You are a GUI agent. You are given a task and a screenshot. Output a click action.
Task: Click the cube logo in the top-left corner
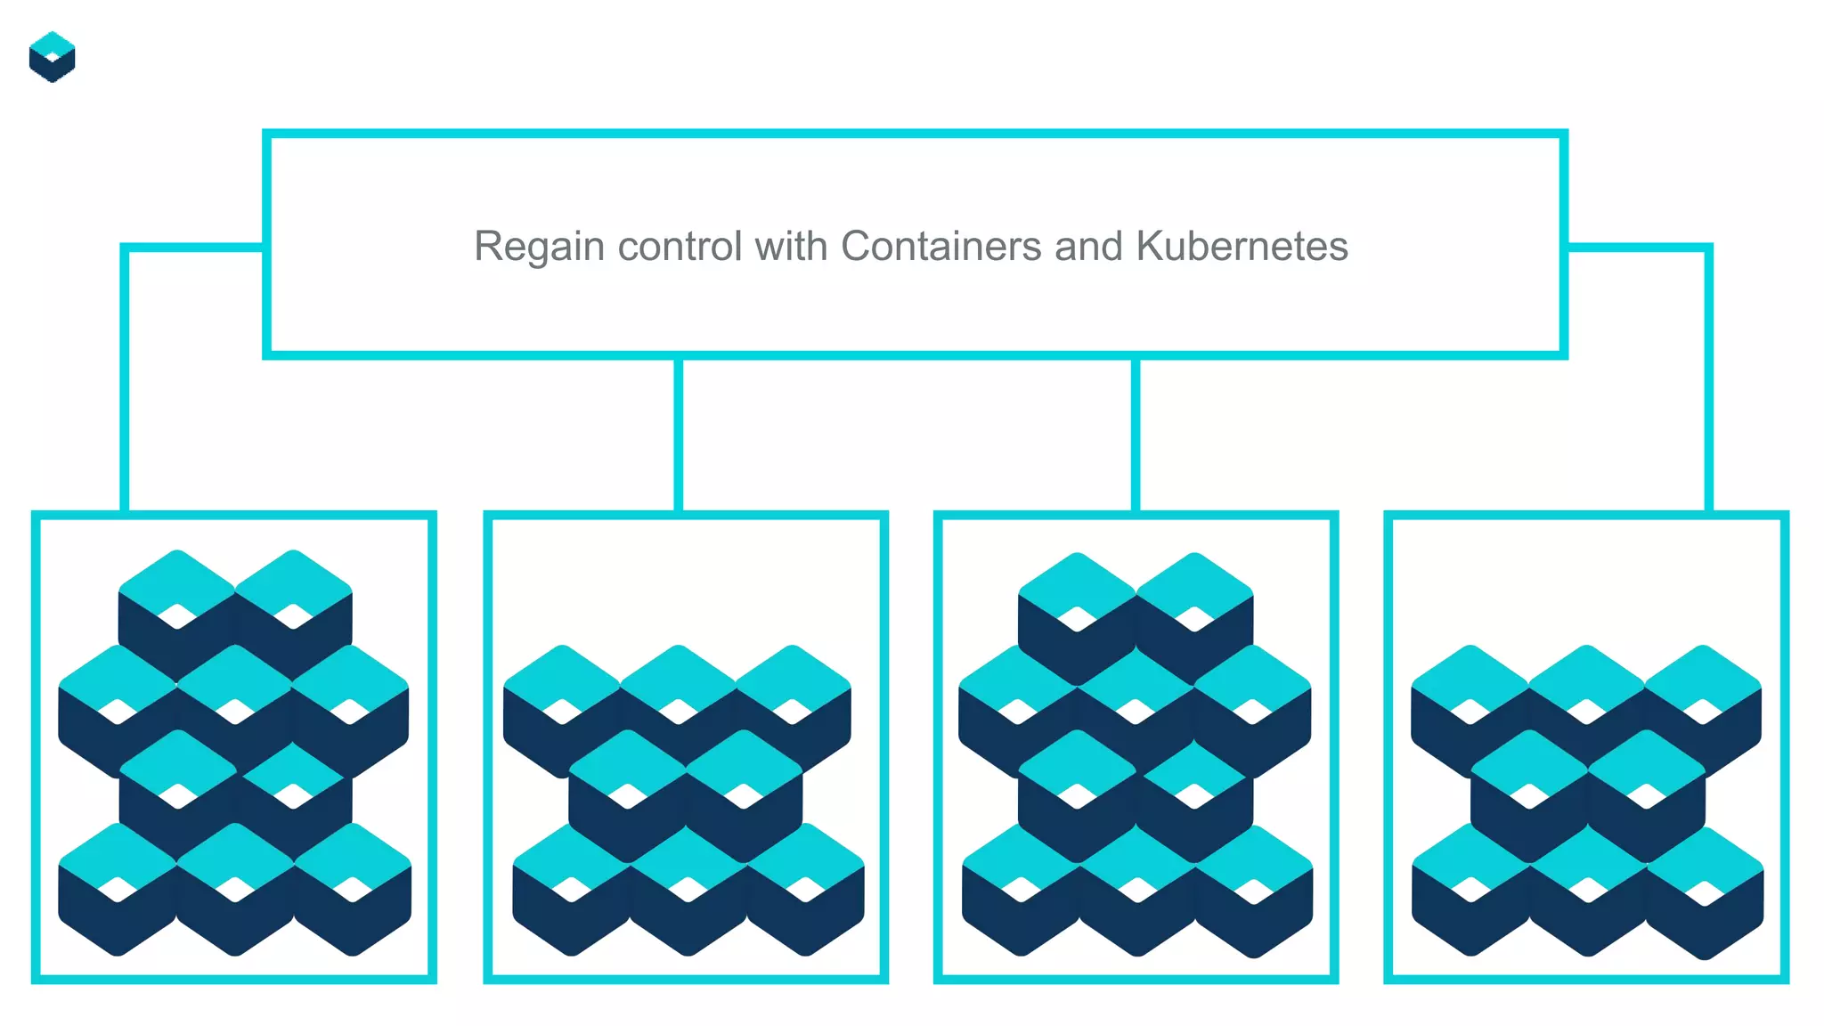52,57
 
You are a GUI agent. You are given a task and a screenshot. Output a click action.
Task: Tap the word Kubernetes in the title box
1242,247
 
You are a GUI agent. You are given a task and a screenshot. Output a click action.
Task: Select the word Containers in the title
940,247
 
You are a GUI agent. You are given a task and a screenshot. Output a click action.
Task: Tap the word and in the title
1088,247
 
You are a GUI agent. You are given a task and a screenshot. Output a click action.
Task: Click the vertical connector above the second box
679,435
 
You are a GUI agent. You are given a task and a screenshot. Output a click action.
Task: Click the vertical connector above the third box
1136,435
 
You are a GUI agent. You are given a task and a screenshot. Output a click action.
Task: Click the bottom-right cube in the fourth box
1704,892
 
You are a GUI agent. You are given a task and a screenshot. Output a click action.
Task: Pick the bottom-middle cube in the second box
688,891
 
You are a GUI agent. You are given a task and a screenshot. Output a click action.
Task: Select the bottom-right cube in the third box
1254,891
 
